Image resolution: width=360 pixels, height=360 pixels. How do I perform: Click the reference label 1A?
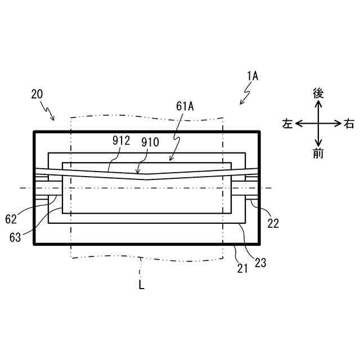[251, 76]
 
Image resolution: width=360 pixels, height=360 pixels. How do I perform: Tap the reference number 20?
[38, 94]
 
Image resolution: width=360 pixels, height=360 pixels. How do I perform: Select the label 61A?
[185, 106]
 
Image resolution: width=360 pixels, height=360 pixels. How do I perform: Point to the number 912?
[121, 141]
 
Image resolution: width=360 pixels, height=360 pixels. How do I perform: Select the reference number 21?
[242, 269]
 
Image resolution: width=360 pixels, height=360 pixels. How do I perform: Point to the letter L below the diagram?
[141, 285]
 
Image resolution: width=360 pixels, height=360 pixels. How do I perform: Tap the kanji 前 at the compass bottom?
[318, 153]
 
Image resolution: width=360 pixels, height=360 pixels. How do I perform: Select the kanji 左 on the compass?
[287, 124]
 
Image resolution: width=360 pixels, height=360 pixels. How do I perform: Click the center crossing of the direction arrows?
[318, 123]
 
